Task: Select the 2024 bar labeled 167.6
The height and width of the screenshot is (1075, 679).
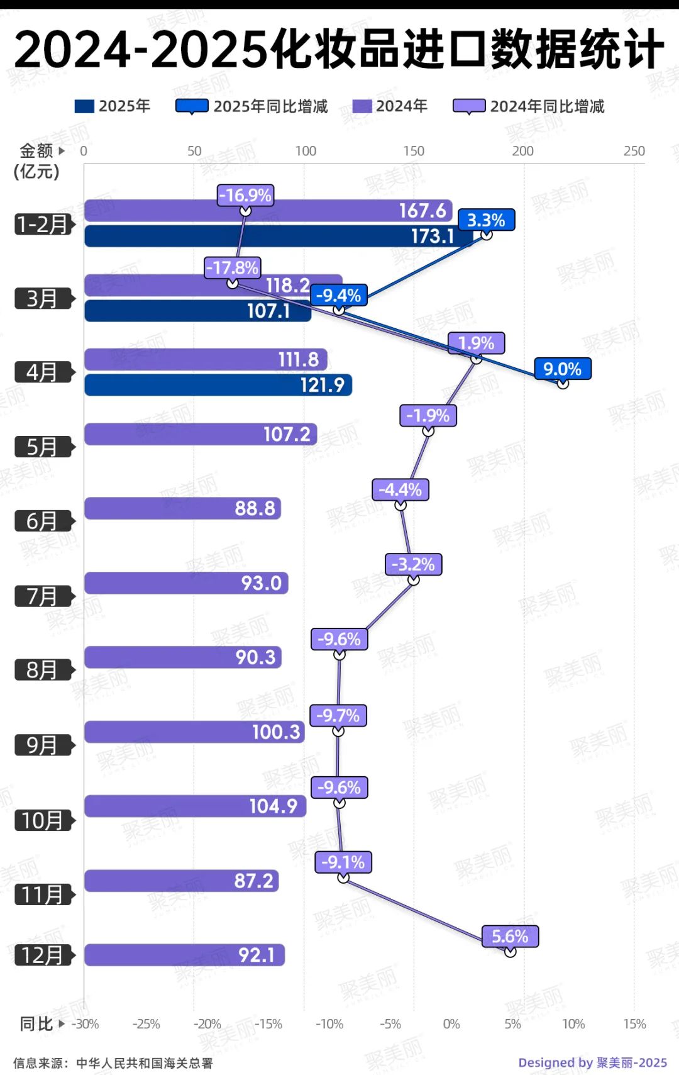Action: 268,210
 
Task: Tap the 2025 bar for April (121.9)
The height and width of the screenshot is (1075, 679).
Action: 218,385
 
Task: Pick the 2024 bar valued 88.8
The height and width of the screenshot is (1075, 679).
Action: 182,508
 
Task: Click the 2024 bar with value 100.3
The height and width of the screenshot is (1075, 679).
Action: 194,732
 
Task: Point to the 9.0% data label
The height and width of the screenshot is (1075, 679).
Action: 563,369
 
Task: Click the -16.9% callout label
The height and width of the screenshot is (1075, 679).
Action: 245,195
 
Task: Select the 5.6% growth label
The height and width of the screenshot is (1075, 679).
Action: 510,936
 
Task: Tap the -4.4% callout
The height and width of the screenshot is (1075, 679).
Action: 400,489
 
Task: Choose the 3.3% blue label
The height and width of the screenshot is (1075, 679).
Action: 486,220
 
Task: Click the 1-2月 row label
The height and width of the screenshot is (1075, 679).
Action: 43,224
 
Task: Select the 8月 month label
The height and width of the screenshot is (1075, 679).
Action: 43,670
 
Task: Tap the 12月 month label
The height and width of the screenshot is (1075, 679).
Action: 43,955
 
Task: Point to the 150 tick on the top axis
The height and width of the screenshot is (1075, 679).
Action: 414,151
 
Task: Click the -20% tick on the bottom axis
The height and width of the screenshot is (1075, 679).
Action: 207,1024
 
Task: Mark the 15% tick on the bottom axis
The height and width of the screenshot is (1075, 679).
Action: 634,1024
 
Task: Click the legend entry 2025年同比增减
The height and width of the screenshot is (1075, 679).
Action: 270,106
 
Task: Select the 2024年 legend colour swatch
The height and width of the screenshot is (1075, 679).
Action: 362,106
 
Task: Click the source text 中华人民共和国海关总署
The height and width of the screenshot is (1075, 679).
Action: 145,1063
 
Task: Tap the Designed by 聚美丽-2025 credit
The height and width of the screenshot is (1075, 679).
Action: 592,1062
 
